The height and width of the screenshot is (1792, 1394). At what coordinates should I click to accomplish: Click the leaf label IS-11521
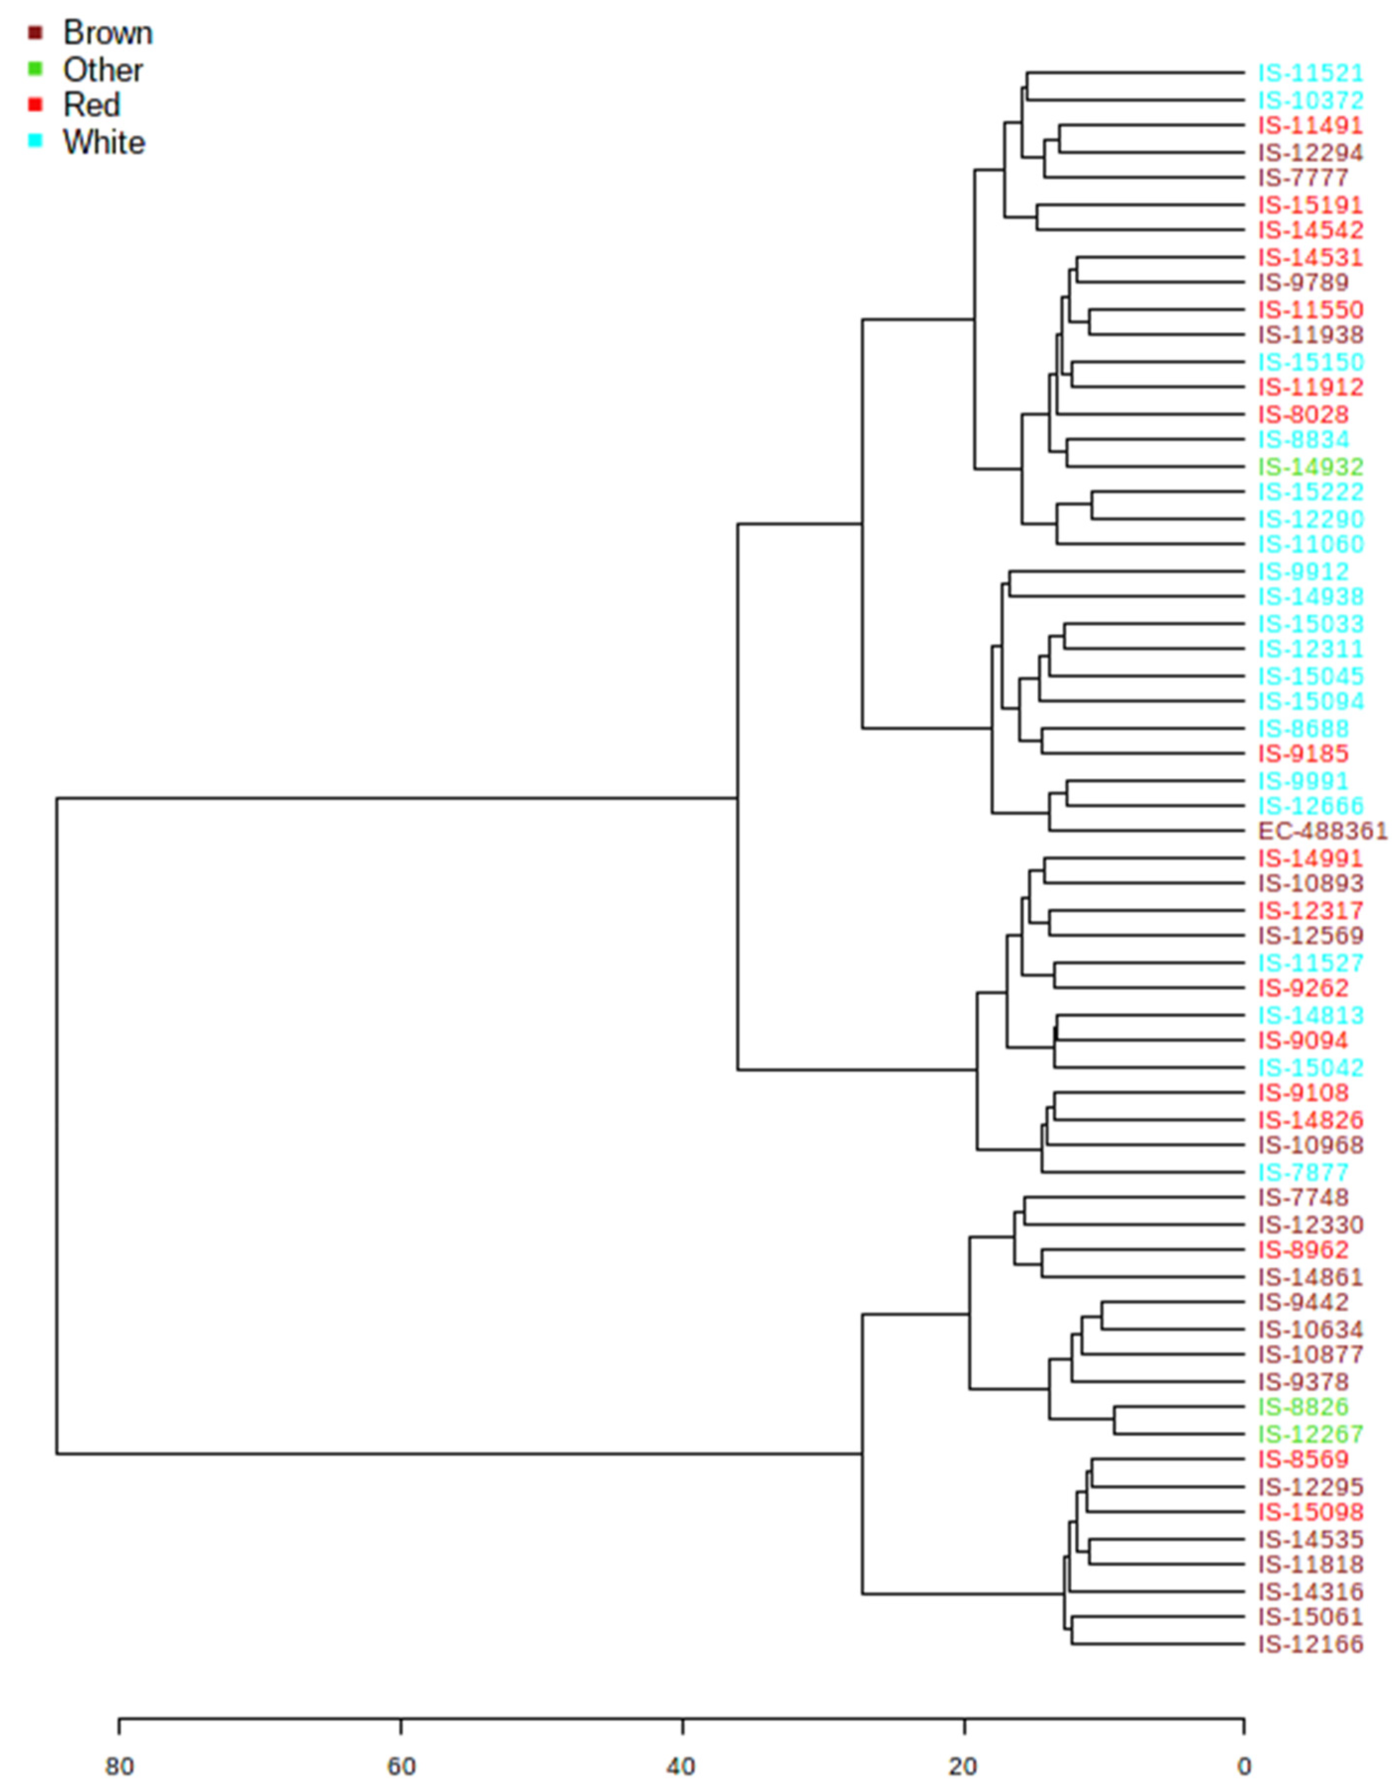[x=1310, y=74]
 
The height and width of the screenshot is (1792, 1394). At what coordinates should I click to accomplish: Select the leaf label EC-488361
[x=1323, y=831]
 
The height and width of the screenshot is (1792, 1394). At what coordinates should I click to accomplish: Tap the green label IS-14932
[x=1310, y=467]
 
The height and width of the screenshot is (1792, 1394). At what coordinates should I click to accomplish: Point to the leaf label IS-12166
[x=1310, y=1644]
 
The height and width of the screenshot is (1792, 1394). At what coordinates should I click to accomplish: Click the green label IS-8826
[x=1303, y=1407]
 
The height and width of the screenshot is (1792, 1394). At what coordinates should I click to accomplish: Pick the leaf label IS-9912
[x=1303, y=572]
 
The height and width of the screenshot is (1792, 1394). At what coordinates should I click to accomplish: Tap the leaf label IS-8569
[x=1303, y=1460]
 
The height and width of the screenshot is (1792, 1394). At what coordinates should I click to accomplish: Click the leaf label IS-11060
[x=1310, y=544]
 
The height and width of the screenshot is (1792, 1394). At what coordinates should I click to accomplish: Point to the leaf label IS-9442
[x=1303, y=1302]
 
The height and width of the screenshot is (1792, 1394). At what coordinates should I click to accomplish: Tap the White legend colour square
[x=35, y=141]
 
